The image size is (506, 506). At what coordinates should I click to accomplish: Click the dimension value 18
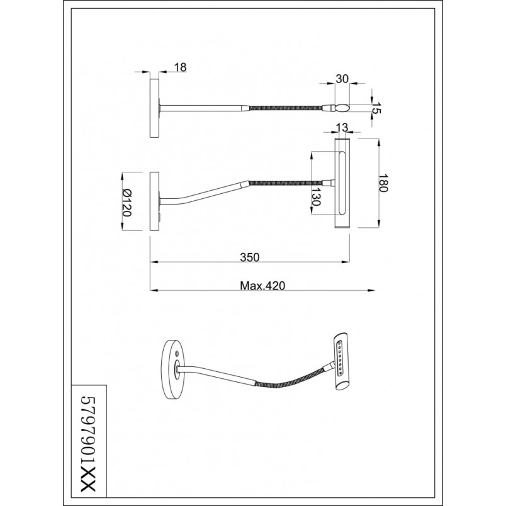point(181,67)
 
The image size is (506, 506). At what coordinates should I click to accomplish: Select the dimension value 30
point(342,79)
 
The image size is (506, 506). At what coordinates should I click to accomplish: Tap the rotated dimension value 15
point(376,108)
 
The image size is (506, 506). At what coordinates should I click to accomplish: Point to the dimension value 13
point(342,128)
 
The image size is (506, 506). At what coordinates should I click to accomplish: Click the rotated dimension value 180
point(383,183)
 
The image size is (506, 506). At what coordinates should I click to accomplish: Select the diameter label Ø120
point(126,202)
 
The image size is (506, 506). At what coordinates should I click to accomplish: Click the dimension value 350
point(249,257)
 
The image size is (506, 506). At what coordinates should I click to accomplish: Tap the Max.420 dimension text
point(262,286)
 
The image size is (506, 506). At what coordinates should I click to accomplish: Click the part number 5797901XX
point(88,444)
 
